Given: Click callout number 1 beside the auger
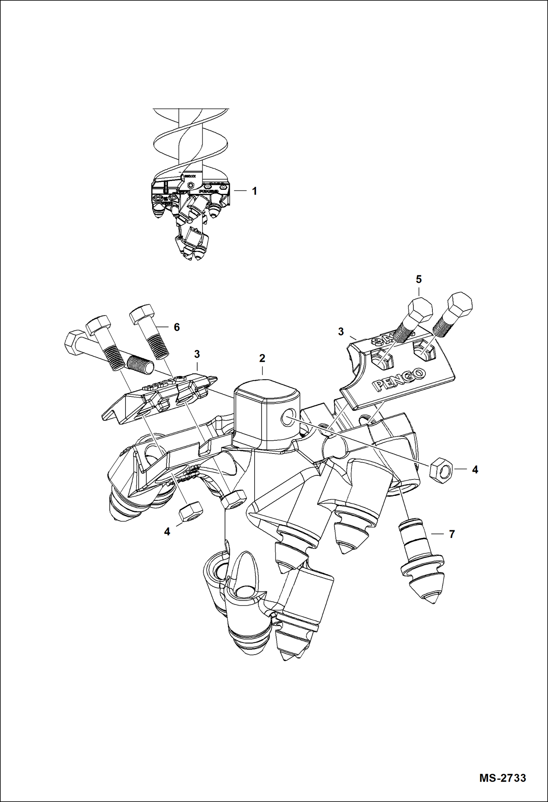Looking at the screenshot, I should click(x=254, y=191).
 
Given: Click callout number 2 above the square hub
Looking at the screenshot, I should click(x=262, y=358).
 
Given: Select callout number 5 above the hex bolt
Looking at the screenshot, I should click(x=418, y=279).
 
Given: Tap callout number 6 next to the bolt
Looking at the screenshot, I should click(x=177, y=327).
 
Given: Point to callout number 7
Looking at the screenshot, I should click(x=452, y=534).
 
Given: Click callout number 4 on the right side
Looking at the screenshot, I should click(x=475, y=470).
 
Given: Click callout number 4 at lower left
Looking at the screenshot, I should click(x=167, y=532).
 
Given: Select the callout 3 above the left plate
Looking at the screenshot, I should click(x=197, y=354).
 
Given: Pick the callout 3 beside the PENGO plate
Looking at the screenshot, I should click(x=341, y=332).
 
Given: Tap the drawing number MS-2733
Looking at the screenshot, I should click(x=502, y=777).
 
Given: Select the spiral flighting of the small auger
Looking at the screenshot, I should click(x=190, y=143).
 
